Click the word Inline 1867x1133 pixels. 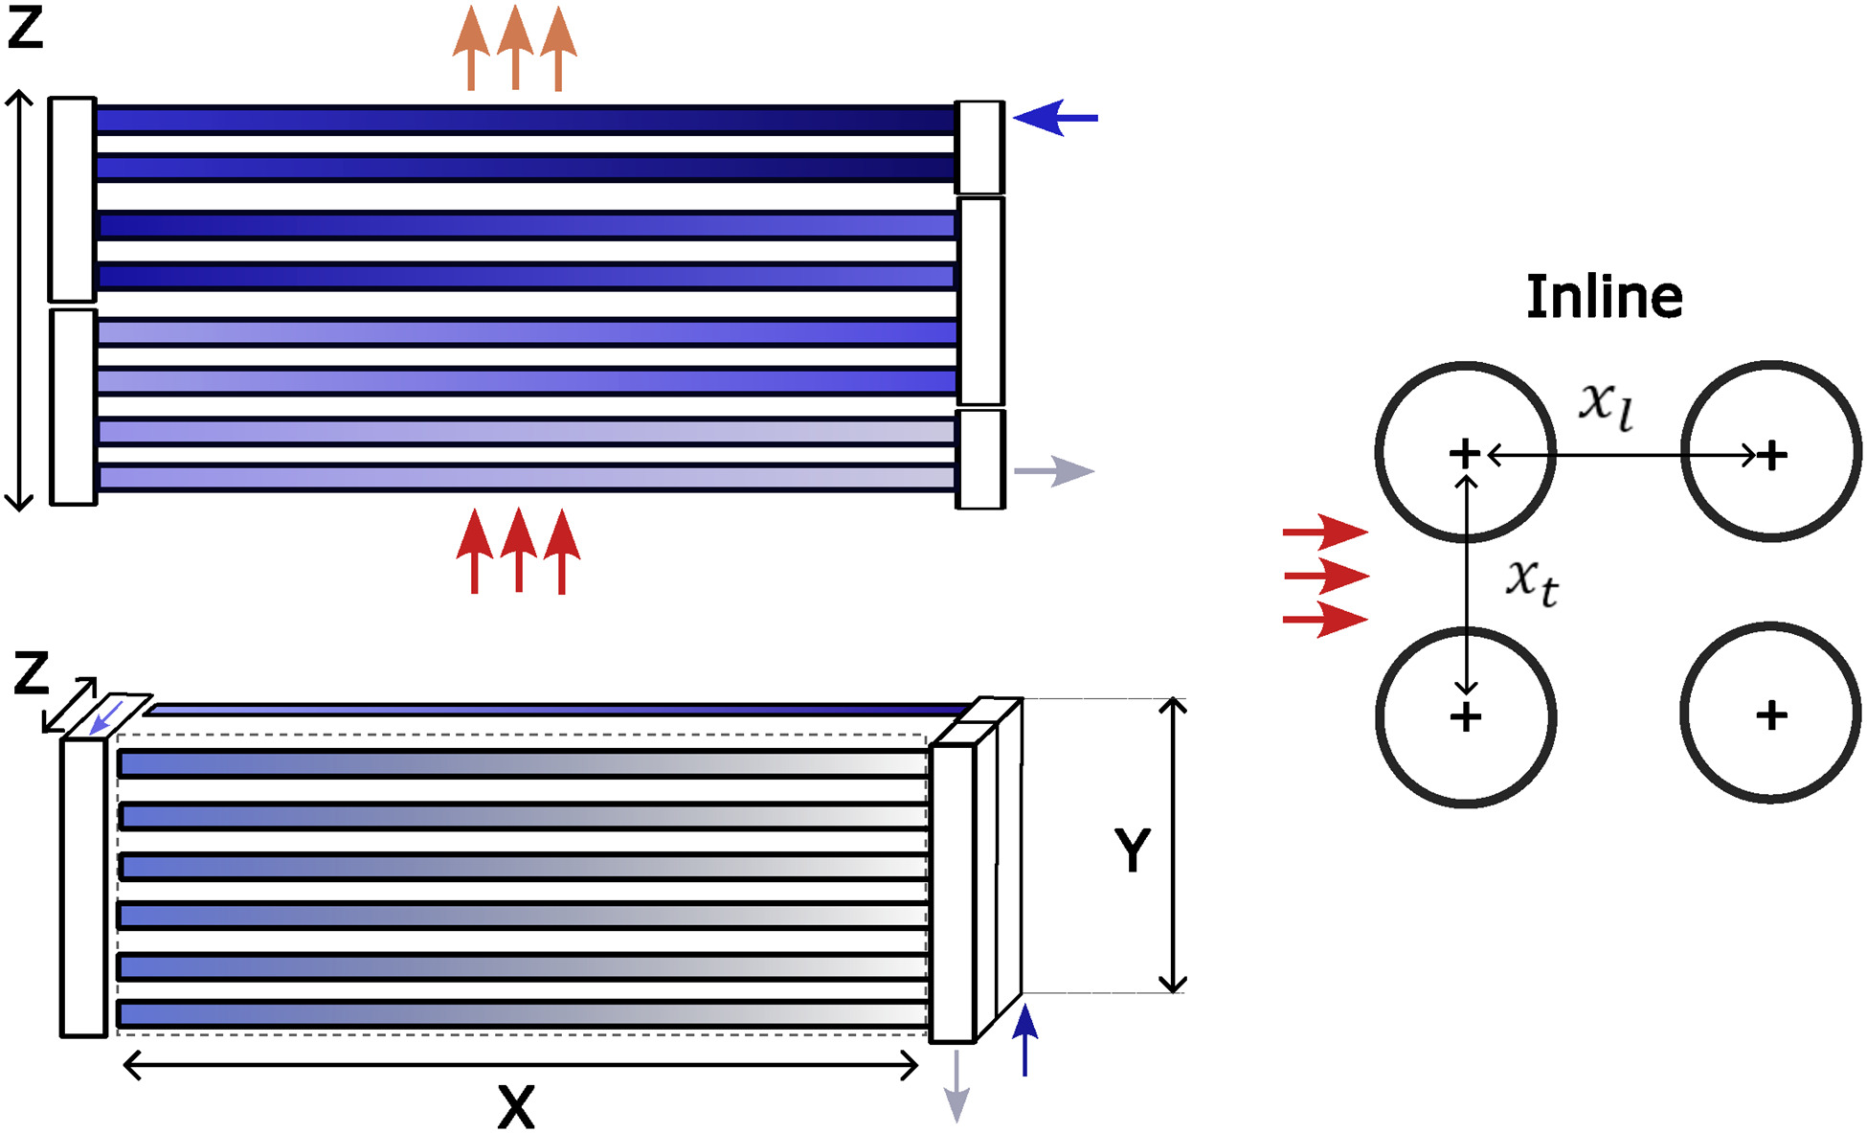coord(1604,297)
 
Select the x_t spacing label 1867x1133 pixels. coord(1532,580)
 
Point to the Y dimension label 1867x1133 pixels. coord(1132,849)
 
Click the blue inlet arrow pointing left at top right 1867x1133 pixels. coord(1055,118)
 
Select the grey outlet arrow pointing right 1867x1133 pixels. coord(1054,471)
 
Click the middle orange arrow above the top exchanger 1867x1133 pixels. coord(515,48)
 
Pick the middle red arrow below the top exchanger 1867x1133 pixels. coord(518,550)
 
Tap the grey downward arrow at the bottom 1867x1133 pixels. coord(956,1087)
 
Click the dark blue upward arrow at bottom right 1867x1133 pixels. coord(1025,1039)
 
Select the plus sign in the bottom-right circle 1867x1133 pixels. coord(1771,714)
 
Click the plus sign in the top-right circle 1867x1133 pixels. coord(1771,455)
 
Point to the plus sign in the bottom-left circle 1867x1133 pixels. coord(1466,716)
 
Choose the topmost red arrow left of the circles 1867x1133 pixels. coord(1325,531)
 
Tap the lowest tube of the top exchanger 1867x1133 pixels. coord(527,477)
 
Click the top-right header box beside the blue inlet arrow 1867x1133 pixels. coord(980,147)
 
